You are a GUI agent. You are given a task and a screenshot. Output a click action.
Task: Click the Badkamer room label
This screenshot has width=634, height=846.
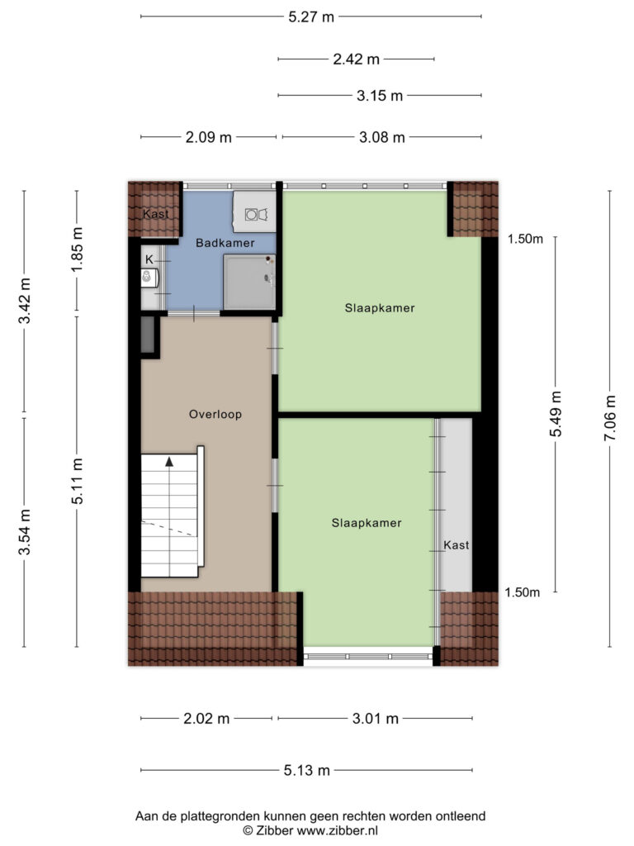[225, 243]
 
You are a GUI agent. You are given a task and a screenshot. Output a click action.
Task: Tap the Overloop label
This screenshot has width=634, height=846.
[215, 415]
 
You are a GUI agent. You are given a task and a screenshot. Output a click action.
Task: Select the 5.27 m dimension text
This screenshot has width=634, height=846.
[311, 17]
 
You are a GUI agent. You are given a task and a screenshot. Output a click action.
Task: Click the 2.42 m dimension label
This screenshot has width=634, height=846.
[356, 59]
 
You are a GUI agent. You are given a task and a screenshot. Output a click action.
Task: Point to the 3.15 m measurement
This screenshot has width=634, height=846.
[380, 96]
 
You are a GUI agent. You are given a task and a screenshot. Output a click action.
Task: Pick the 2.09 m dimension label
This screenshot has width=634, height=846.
[209, 137]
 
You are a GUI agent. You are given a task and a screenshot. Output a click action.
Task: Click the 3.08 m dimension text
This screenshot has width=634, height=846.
[381, 137]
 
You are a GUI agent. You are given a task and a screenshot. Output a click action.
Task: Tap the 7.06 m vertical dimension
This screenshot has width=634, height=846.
[610, 418]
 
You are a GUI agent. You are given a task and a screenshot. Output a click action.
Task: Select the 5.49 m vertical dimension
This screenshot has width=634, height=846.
[556, 414]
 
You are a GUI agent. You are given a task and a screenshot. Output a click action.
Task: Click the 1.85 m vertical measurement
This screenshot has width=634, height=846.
[77, 250]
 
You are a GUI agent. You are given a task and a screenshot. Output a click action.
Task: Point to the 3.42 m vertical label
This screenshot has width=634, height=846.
[24, 301]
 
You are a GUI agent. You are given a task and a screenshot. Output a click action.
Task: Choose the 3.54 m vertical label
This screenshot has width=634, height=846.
[24, 532]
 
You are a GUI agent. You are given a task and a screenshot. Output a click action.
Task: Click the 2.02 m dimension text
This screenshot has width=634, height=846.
[206, 719]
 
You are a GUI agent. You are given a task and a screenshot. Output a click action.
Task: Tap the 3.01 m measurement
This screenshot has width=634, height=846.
[376, 719]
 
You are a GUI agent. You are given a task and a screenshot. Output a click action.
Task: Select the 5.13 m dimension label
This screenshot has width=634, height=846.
[307, 771]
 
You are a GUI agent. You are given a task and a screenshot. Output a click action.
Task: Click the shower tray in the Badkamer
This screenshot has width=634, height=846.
[249, 283]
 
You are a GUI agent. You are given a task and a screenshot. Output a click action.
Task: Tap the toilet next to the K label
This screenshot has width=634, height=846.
[148, 278]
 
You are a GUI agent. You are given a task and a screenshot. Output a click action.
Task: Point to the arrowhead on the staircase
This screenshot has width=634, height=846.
[169, 462]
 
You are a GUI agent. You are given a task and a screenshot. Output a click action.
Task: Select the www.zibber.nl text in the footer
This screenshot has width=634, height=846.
[338, 830]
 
